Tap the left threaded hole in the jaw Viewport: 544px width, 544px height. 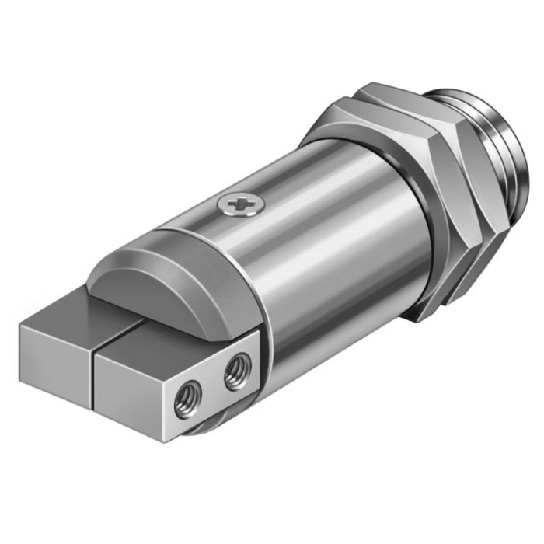[x=188, y=404]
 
